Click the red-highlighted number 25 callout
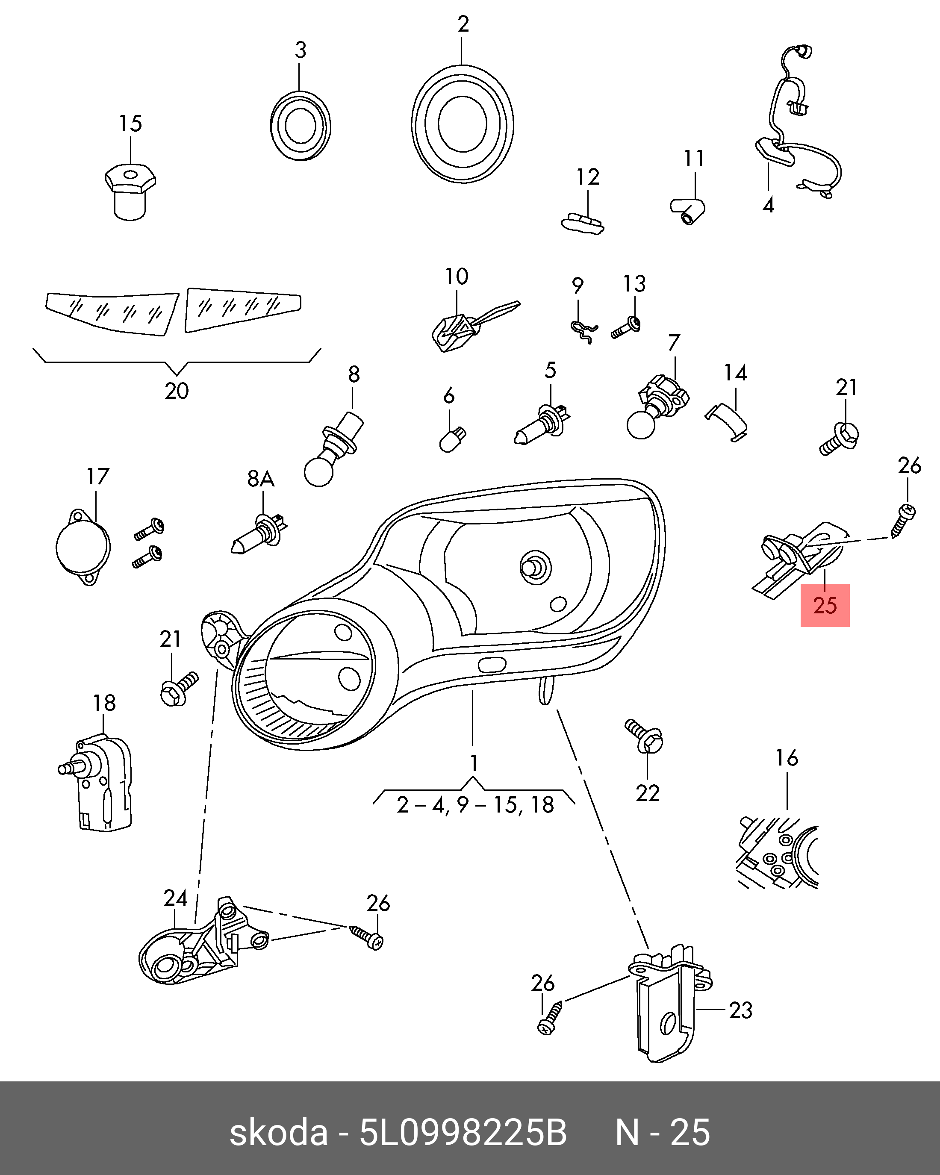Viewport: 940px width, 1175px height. point(825,606)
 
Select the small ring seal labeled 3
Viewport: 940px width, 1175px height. point(300,126)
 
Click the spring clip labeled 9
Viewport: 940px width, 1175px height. point(583,331)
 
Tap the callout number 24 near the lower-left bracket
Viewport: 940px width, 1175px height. point(175,898)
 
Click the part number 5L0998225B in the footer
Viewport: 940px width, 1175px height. point(463,1133)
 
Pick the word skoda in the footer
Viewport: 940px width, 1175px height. point(278,1133)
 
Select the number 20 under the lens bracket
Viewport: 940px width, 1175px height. point(177,391)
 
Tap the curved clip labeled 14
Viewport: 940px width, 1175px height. point(728,421)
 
